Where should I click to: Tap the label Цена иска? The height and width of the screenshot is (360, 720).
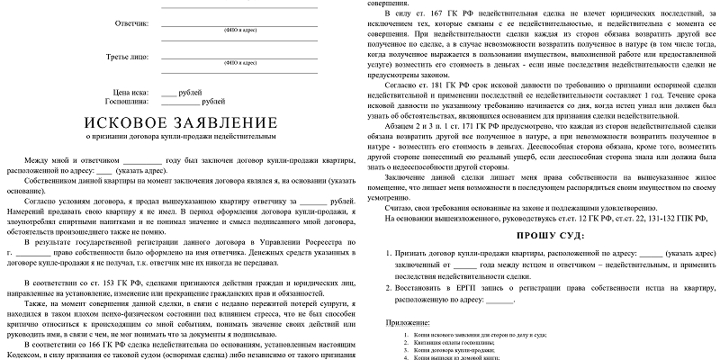tap(135, 93)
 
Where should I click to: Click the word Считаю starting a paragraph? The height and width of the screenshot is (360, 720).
tap(399, 207)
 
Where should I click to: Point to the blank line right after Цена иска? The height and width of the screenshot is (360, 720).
tap(169, 93)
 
